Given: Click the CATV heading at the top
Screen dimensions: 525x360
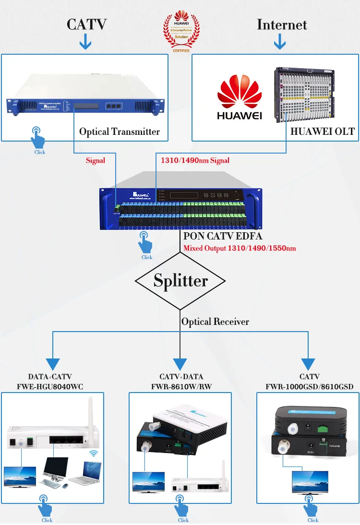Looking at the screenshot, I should click(85, 25).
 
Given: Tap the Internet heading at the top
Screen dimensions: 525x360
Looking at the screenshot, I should click(282, 24).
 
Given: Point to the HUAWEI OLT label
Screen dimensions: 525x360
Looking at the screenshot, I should click(323, 131).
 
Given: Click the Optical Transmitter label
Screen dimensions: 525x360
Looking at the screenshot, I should click(120, 131).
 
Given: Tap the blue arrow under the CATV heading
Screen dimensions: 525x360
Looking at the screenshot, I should click(85, 43).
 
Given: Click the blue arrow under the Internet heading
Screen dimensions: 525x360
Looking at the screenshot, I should click(279, 43).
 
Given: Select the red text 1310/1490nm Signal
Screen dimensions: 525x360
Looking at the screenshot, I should click(194, 160).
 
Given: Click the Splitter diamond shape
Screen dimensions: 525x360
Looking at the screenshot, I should click(180, 281).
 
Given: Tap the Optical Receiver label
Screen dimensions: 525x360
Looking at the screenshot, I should click(215, 322).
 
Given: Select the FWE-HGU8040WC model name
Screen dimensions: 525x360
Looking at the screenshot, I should click(53, 386).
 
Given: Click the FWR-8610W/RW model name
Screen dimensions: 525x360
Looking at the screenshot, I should click(181, 386).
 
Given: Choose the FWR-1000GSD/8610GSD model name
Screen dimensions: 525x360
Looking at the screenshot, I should click(309, 386).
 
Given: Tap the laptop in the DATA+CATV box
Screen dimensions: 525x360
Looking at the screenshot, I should click(84, 472).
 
